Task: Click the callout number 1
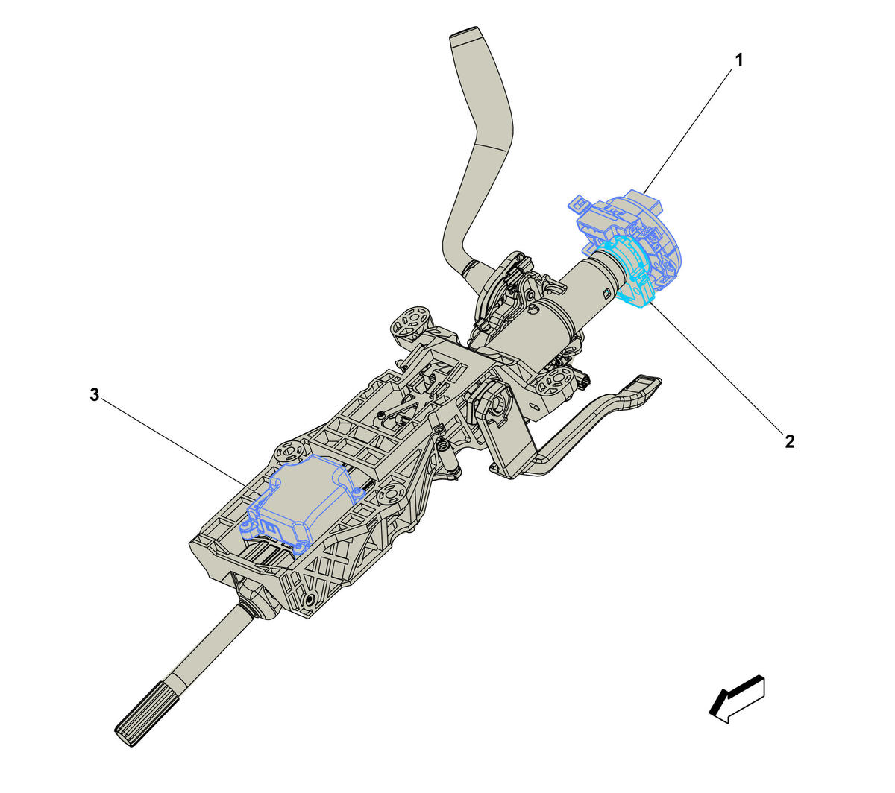738,60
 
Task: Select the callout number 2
790,441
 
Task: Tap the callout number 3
94,395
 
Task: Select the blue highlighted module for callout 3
302,505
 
